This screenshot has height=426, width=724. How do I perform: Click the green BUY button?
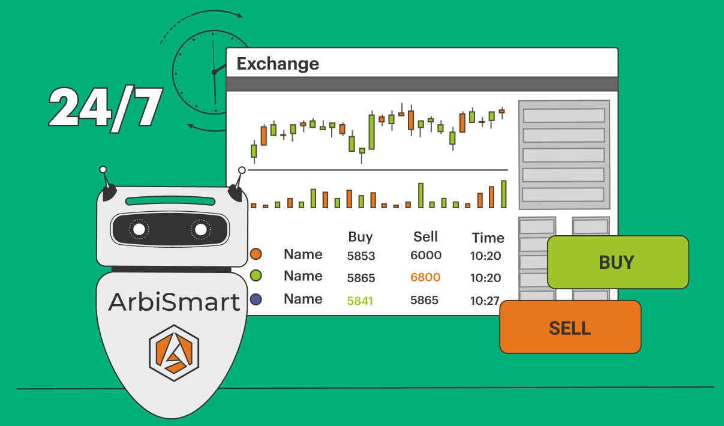(x=618, y=262)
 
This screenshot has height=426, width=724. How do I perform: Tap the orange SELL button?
(x=570, y=327)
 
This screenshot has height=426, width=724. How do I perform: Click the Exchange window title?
(x=278, y=64)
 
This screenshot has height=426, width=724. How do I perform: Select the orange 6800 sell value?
(x=425, y=277)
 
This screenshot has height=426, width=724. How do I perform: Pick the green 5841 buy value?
(x=360, y=301)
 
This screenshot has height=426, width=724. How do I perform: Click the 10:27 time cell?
(x=485, y=301)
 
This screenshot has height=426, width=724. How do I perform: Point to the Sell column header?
(x=425, y=236)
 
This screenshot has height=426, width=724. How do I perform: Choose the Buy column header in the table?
(x=361, y=237)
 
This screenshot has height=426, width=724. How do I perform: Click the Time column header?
(x=488, y=238)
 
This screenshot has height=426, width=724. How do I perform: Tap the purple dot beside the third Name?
(x=256, y=299)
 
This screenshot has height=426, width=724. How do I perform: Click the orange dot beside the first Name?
(x=256, y=254)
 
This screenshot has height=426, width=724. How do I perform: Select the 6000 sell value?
(x=426, y=256)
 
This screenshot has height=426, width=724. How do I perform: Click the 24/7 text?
(x=105, y=108)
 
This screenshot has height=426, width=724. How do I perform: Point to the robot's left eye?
(x=139, y=229)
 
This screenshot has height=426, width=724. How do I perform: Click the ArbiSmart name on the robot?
(x=174, y=302)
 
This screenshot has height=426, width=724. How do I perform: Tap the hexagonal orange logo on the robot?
(x=174, y=353)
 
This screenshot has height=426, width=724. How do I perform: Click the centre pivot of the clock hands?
(x=214, y=73)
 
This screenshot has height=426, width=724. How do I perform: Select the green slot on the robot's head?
(x=170, y=201)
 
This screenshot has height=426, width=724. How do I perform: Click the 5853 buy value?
(x=361, y=256)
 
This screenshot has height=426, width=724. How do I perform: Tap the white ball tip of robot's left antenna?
(x=103, y=169)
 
